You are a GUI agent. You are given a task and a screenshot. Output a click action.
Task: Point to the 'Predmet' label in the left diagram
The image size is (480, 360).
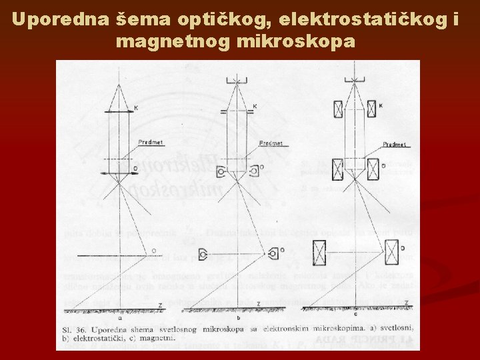[x=150, y=142]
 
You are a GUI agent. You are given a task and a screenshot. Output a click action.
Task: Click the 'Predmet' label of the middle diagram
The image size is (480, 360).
[x=270, y=142]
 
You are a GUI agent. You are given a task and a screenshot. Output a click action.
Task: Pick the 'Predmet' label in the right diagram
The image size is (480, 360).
[x=395, y=143]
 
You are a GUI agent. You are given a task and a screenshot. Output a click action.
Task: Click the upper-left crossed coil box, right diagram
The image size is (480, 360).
[x=338, y=109]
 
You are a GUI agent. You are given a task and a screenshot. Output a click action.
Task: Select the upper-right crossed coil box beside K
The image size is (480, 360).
[x=371, y=109]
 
